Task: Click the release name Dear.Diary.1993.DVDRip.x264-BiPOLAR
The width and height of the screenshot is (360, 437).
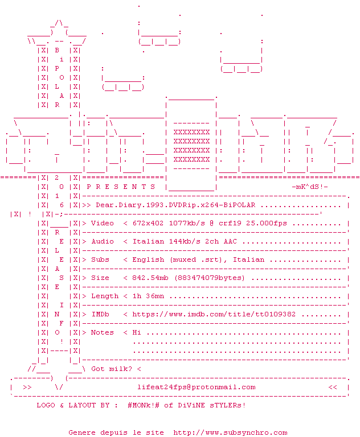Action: tap(175, 205)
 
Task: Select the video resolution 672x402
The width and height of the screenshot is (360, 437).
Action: tap(148, 223)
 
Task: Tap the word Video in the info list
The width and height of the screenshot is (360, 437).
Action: tap(103, 223)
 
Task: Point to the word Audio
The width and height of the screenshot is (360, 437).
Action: tap(103, 241)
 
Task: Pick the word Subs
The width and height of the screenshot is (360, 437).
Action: tap(100, 259)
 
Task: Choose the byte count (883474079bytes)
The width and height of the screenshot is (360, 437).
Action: tap(210, 278)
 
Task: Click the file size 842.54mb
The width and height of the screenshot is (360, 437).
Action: tap(150, 278)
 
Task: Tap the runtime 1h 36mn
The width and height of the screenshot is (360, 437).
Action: tap(148, 296)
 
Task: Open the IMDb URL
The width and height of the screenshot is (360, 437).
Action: tap(214, 314)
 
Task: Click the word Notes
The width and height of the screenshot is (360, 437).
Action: tap(103, 332)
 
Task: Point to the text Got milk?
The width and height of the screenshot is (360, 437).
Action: tap(111, 369)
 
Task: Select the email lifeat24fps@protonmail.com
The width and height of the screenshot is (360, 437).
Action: tap(196, 387)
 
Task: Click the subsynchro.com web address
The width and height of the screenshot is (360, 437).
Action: tap(230, 433)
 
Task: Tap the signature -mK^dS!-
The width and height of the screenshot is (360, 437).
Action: tap(310, 187)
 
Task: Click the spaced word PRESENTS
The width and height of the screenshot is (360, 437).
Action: tap(121, 187)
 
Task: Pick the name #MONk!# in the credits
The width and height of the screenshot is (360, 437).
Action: tap(144, 405)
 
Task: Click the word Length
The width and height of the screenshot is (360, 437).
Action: tap(105, 296)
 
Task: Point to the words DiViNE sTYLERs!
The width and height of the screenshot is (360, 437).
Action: tap(212, 405)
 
